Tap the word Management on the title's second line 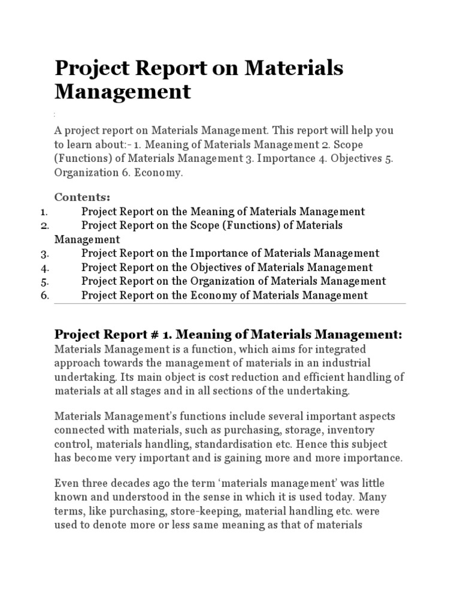123,92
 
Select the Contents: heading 83,197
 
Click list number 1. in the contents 44,211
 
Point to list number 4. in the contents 44,267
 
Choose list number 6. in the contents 44,295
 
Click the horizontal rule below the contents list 230,304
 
